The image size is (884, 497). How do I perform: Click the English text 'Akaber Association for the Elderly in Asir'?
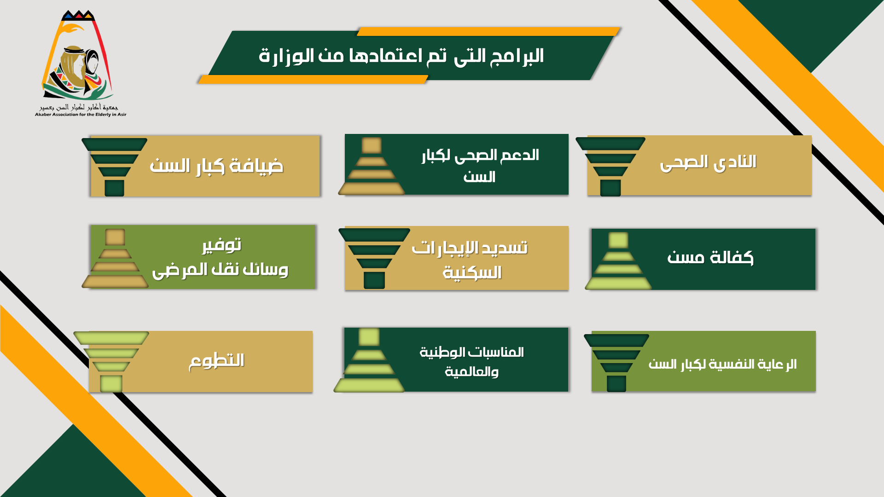[81, 115]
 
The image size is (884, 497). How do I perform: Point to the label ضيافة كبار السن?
[216, 166]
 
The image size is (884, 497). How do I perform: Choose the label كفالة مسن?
[710, 257]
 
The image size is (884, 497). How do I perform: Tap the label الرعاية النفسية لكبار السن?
[722, 364]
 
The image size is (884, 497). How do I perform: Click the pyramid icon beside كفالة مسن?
[618, 261]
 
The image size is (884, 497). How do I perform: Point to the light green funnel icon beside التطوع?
[111, 362]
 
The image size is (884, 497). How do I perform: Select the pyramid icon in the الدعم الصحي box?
[372, 166]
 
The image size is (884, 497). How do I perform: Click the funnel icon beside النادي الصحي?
[611, 167]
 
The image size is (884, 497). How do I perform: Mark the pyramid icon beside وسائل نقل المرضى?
[115, 259]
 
